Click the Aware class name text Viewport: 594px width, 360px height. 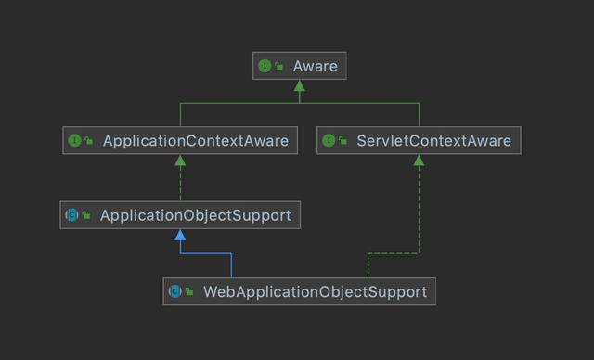(x=316, y=66)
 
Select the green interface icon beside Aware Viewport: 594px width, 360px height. (x=265, y=66)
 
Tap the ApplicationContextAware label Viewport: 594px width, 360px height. (x=195, y=141)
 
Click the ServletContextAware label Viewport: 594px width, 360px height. (x=433, y=141)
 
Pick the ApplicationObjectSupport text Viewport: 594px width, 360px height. (x=195, y=215)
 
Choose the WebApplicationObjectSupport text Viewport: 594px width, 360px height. (x=315, y=291)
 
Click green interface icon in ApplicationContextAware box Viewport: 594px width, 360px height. (x=74, y=141)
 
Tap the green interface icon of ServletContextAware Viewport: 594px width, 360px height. (x=329, y=141)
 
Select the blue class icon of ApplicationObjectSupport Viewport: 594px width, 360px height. (x=71, y=215)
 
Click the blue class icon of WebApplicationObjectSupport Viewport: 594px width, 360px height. (x=174, y=291)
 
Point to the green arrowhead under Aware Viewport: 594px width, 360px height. (x=299, y=86)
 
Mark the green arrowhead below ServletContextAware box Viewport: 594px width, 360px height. (x=419, y=161)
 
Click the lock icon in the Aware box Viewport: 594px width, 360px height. (x=278, y=66)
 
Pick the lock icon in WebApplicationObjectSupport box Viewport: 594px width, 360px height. (x=189, y=291)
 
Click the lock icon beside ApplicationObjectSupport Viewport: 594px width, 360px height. (x=86, y=215)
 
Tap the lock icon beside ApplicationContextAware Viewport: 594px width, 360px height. (x=89, y=141)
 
